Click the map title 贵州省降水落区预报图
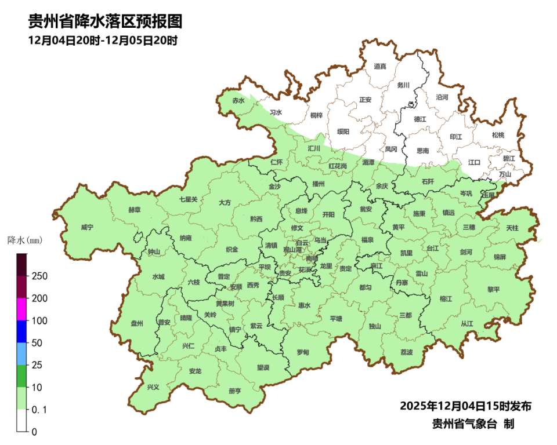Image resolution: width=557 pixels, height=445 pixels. click(105, 21)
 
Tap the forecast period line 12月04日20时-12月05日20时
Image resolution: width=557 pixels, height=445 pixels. click(102, 41)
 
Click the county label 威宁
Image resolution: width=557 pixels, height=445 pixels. click(87, 227)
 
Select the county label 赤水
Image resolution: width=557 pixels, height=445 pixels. click(238, 100)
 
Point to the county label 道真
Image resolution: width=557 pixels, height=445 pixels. click(380, 67)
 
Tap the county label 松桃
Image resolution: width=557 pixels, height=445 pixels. click(498, 135)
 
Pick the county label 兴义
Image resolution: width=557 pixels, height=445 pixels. click(153, 387)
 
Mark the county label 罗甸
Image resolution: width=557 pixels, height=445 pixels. click(303, 352)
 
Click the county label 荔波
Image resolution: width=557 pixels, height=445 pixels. click(407, 352)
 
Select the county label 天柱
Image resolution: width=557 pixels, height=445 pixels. click(512, 228)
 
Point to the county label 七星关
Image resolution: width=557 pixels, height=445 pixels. click(188, 199)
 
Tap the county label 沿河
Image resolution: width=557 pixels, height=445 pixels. click(442, 97)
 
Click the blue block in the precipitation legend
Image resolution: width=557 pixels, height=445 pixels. click(21, 331)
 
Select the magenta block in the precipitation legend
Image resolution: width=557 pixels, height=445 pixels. click(21, 309)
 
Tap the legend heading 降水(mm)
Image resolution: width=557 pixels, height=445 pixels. click(25, 240)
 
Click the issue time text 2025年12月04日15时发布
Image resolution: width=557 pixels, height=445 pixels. click(465, 405)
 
